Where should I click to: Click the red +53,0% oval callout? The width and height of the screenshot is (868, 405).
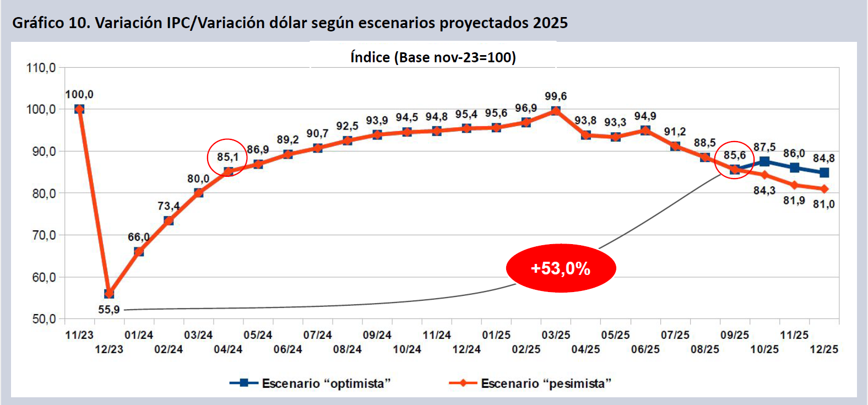[x=561, y=268]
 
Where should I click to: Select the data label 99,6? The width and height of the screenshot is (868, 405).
[x=556, y=96]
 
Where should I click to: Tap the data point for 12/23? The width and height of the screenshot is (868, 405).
[x=109, y=294]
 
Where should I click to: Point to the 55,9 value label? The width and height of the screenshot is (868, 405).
[x=109, y=310]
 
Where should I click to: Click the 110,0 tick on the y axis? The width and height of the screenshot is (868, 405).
[x=41, y=68]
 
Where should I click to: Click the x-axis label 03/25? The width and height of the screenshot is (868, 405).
[x=556, y=335]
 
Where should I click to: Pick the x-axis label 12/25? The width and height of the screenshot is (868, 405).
[x=824, y=349]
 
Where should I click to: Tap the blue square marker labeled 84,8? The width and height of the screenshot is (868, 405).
[x=824, y=172]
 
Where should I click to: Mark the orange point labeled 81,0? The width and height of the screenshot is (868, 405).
[x=824, y=189]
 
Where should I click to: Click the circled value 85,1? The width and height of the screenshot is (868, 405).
[x=227, y=157]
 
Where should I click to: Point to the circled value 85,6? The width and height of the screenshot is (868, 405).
[x=735, y=155]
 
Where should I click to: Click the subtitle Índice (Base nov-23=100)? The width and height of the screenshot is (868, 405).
[x=433, y=57]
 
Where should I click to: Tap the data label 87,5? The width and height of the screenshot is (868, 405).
[x=764, y=147]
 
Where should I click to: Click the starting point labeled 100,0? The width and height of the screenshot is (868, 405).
[x=79, y=109]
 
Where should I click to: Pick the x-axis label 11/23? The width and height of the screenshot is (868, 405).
[x=79, y=335]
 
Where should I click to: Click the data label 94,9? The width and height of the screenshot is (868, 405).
[x=645, y=116]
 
